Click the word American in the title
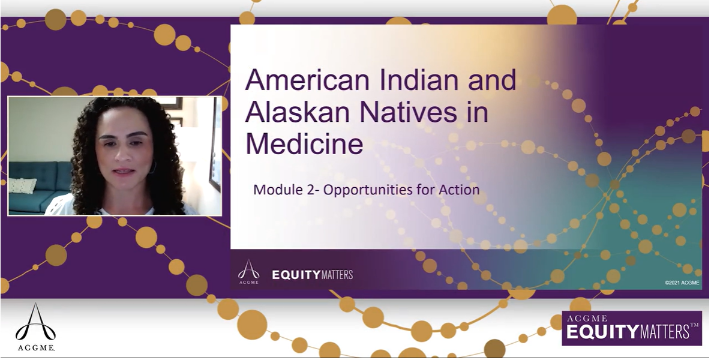tap(307, 80)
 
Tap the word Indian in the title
tap(419, 80)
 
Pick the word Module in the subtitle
tap(278, 190)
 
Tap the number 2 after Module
tap(311, 190)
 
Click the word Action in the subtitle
tap(459, 190)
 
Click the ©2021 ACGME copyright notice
tap(682, 283)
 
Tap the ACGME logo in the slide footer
tap(249, 272)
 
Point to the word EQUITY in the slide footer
tap(296, 275)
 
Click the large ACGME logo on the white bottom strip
tap(35, 327)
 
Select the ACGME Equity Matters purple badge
tap(632, 328)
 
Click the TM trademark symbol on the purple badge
tap(694, 325)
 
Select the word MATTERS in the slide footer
tap(337, 275)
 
